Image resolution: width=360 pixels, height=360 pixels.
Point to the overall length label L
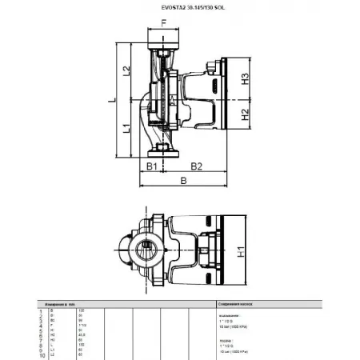(111, 99)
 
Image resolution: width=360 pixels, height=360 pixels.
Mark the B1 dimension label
(150, 166)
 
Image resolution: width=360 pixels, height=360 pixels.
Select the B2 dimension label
(196, 166)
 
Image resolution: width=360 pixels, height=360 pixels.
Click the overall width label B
(184, 182)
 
